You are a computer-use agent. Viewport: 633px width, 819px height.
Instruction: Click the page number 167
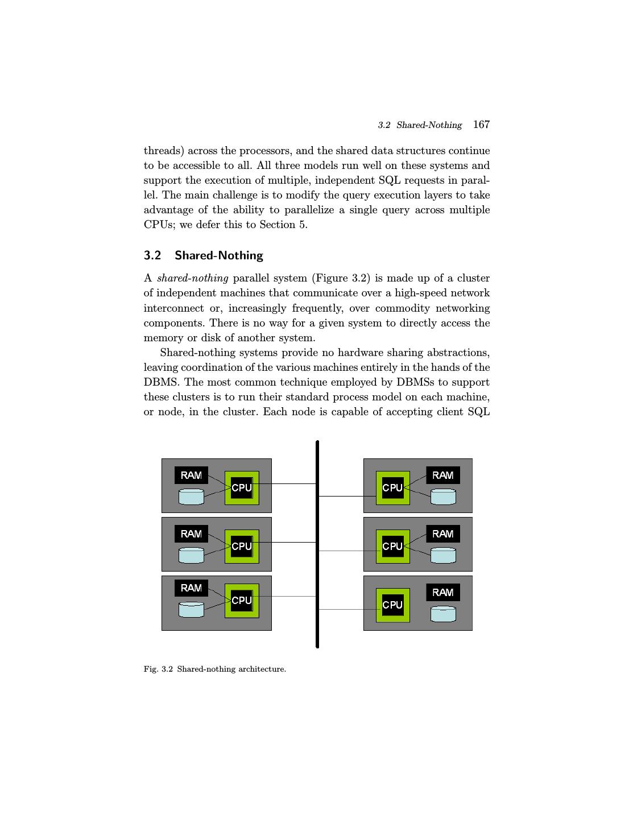(x=481, y=125)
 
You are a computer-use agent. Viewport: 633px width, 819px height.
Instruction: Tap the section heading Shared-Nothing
(x=218, y=255)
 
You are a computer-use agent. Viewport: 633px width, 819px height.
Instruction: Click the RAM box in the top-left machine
(x=191, y=475)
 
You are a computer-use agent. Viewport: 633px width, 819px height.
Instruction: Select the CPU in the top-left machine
(x=242, y=488)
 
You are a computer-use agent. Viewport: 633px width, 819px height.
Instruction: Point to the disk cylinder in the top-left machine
(x=191, y=497)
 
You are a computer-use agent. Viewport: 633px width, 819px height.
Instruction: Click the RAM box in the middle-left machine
(x=191, y=534)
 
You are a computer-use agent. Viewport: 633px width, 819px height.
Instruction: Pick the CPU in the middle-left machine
(x=242, y=547)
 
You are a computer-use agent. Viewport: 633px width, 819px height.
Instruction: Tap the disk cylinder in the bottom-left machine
(x=191, y=610)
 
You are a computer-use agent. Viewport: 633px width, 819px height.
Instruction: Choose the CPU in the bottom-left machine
(x=242, y=601)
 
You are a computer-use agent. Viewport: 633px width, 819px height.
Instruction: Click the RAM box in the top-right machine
(x=443, y=475)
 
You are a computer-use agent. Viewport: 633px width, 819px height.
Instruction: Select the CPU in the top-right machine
(x=392, y=488)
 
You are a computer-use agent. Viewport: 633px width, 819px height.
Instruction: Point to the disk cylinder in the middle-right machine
(x=443, y=555)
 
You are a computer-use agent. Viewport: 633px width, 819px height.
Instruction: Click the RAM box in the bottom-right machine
(x=443, y=593)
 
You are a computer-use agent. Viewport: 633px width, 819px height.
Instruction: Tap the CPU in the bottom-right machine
(x=392, y=605)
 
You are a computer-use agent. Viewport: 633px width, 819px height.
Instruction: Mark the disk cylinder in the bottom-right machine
(x=443, y=614)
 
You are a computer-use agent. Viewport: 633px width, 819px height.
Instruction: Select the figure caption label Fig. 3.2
(x=158, y=669)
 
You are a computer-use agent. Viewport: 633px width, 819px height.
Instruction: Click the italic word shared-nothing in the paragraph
(x=192, y=279)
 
